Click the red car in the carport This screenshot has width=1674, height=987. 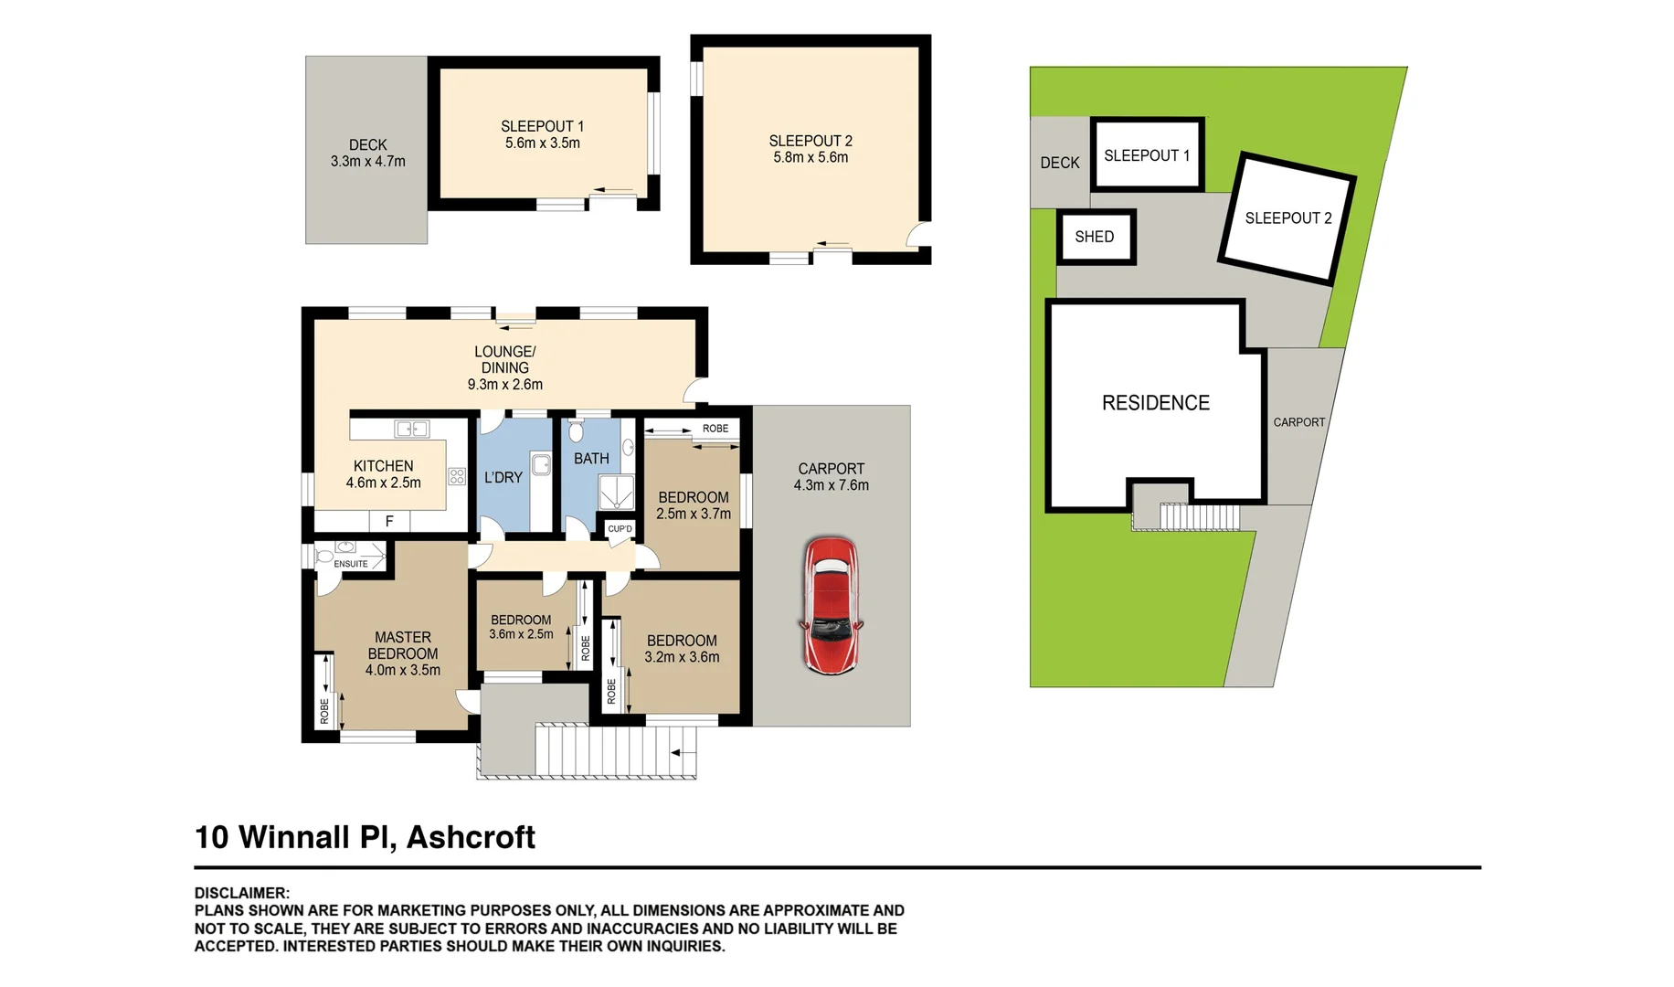pyautogui.click(x=831, y=605)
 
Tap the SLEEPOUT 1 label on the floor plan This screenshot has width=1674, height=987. pyautogui.click(x=542, y=126)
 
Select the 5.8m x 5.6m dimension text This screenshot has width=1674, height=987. pyautogui.click(x=811, y=157)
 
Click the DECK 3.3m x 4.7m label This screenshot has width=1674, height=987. pyautogui.click(x=367, y=153)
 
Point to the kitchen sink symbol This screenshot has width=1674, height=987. pyautogui.click(x=412, y=429)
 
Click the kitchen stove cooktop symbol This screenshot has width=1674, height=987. pyautogui.click(x=457, y=476)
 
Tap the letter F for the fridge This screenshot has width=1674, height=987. pyautogui.click(x=389, y=521)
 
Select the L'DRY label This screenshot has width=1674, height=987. pyautogui.click(x=503, y=477)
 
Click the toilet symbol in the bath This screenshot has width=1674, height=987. pyautogui.click(x=576, y=430)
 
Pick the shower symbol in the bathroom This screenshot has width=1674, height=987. pyautogui.click(x=616, y=492)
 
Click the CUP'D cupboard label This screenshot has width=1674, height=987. pyautogui.click(x=620, y=528)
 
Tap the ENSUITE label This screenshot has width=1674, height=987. pyautogui.click(x=351, y=564)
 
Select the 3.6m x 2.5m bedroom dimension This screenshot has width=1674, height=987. pyautogui.click(x=521, y=634)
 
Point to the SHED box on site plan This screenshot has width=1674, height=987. pyautogui.click(x=1095, y=237)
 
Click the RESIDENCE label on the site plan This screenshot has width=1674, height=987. pyautogui.click(x=1155, y=403)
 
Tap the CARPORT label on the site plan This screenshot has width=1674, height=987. pyautogui.click(x=1298, y=422)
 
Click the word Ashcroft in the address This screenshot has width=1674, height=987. pyautogui.click(x=471, y=837)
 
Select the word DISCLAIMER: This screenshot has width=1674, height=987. pyautogui.click(x=242, y=893)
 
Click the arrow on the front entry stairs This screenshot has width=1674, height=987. pyautogui.click(x=677, y=753)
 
